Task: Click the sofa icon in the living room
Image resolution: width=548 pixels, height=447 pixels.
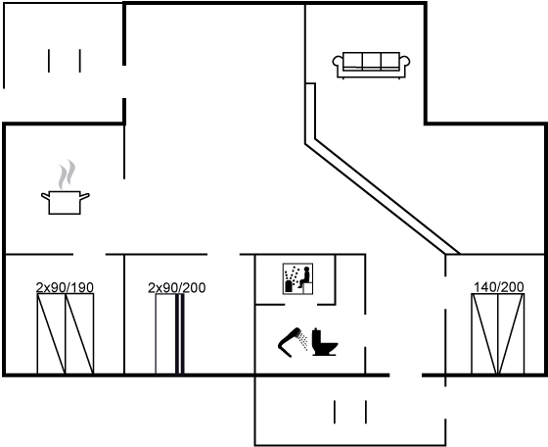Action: tap(371, 66)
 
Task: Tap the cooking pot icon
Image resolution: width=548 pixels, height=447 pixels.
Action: tap(65, 202)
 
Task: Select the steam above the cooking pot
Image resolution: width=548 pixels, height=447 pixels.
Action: tap(67, 174)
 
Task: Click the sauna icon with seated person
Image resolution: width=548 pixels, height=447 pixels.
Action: tap(297, 278)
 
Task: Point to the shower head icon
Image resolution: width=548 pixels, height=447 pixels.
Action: tap(292, 341)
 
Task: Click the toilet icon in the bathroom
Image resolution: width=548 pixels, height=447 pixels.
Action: tap(324, 342)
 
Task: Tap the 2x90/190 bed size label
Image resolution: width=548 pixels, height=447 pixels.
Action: tap(65, 287)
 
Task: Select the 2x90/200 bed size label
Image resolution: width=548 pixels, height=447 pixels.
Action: tap(177, 287)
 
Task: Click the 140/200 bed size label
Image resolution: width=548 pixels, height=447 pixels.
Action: tap(499, 287)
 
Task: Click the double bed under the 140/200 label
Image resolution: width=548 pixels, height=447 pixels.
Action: tap(498, 334)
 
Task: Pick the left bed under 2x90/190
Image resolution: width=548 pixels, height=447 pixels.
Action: tap(51, 334)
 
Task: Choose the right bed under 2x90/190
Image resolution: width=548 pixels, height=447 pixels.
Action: tap(79, 334)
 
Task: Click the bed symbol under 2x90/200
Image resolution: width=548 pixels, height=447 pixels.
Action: tap(170, 334)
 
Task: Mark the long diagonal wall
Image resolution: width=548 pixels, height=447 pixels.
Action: tap(383, 198)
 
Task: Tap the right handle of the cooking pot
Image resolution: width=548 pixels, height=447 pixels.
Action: tap(85, 196)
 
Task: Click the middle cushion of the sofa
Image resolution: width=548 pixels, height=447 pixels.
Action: tap(371, 60)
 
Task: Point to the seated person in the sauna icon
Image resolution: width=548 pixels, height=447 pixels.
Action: tap(304, 277)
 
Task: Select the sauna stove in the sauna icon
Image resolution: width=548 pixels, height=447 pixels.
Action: tap(290, 285)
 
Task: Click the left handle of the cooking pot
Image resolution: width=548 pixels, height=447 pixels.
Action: tap(45, 196)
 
